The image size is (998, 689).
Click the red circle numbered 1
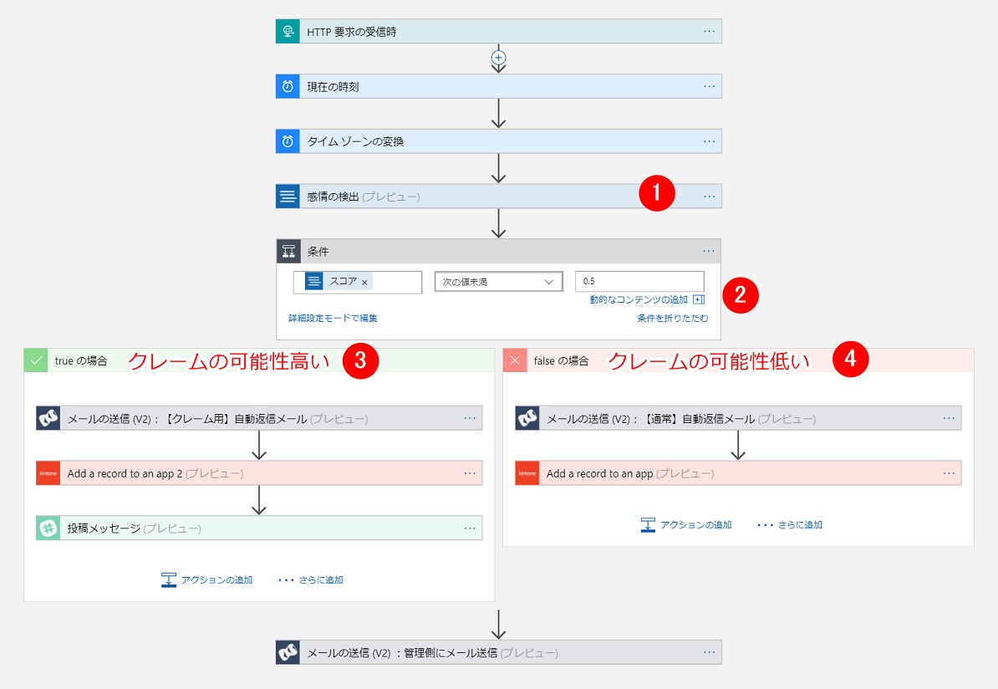[656, 193]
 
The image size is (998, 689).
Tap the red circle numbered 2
[740, 294]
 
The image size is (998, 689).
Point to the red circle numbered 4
[851, 359]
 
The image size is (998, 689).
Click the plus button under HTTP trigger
[499, 58]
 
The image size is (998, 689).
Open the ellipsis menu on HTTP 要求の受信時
[709, 31]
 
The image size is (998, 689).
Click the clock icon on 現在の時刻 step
[288, 86]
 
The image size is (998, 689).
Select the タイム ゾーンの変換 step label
[355, 141]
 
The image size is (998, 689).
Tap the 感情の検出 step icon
[288, 196]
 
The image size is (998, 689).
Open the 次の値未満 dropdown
[498, 282]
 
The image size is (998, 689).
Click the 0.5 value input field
[639, 282]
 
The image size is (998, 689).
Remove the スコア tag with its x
[364, 283]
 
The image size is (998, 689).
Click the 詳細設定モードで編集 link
[333, 318]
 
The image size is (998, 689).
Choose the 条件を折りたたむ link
[672, 318]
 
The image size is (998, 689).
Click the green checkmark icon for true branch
[36, 360]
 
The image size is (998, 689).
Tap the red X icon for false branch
[515, 360]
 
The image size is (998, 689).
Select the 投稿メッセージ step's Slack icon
[48, 528]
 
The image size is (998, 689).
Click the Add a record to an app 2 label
[125, 473]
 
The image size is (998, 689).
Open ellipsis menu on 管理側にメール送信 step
[709, 652]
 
